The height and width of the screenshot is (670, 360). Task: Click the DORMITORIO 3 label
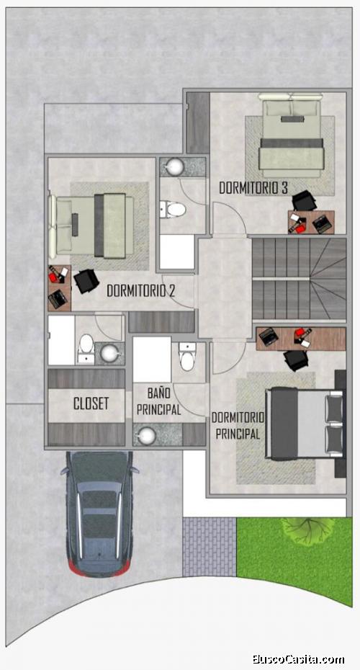(x=253, y=188)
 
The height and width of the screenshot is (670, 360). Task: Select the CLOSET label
(x=91, y=403)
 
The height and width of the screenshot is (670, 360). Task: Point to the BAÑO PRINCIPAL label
(x=158, y=401)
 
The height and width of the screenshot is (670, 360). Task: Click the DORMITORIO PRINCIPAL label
(x=238, y=426)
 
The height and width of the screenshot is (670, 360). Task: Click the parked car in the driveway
(x=99, y=513)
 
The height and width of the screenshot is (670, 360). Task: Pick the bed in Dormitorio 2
(x=91, y=225)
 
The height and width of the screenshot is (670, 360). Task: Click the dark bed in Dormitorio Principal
(x=304, y=424)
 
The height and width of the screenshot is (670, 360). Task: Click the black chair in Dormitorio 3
(x=305, y=201)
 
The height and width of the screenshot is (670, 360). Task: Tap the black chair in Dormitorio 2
(x=86, y=281)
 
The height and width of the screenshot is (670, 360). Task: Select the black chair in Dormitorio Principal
(x=296, y=360)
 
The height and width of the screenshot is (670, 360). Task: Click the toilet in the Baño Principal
(x=187, y=357)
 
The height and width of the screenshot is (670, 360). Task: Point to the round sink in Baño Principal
(x=148, y=435)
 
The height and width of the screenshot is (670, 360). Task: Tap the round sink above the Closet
(x=109, y=352)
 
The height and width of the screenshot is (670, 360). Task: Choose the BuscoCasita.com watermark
(x=298, y=659)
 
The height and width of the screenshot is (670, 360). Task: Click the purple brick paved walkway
(x=210, y=547)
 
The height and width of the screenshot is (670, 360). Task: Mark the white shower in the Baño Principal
(x=152, y=359)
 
